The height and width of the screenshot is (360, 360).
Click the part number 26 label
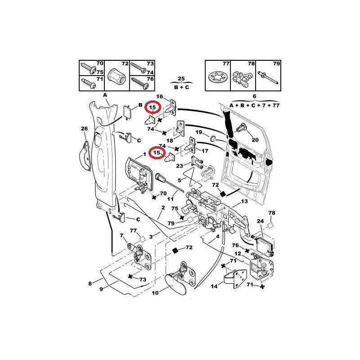click(84, 128)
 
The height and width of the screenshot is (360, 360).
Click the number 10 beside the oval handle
click(155, 293)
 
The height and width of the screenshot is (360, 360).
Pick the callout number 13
click(244, 201)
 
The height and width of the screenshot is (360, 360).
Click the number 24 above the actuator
click(260, 221)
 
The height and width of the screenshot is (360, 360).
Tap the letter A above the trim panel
click(105, 95)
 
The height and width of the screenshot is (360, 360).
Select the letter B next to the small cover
click(140, 105)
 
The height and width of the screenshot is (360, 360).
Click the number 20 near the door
click(255, 140)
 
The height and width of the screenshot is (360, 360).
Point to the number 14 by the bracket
click(214, 286)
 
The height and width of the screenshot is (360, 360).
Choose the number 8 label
click(90, 283)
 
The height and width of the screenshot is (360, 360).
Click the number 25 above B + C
click(181, 78)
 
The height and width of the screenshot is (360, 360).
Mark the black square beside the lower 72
click(175, 251)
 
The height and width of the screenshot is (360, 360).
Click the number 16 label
click(160, 96)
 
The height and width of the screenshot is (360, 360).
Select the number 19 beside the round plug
click(198, 132)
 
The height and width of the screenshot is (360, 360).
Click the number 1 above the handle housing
click(144, 154)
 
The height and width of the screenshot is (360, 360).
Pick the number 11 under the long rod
click(170, 199)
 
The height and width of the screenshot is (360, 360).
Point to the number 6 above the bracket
click(254, 96)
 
